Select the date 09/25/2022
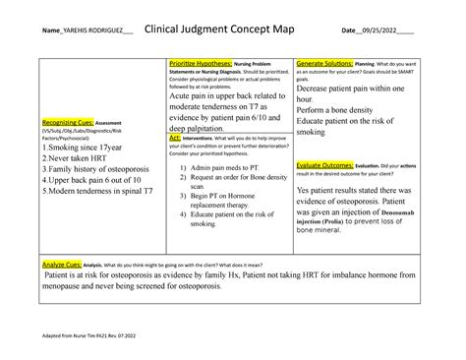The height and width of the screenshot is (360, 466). click(x=388, y=30)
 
